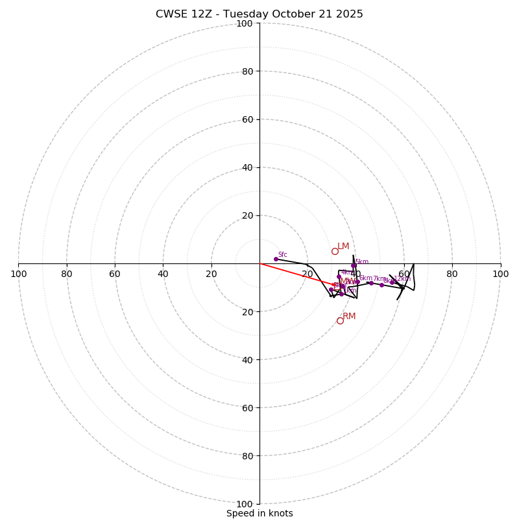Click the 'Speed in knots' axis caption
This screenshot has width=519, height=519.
[259, 513]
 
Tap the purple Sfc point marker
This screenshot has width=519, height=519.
[276, 259]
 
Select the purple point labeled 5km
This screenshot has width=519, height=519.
[354, 265]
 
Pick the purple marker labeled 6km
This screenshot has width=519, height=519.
[357, 282]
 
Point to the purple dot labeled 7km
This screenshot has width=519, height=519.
[371, 283]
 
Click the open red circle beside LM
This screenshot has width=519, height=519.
[335, 251]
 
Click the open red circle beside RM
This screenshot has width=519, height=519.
[340, 320]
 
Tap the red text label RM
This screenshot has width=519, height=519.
[349, 317]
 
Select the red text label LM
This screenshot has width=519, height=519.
[343, 247]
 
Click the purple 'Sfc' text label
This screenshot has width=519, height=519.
[282, 254]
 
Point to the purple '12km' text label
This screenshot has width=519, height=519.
[402, 279]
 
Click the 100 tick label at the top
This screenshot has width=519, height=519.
[245, 23]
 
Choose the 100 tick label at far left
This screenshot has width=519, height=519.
[19, 274]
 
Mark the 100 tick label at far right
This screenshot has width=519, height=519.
[500, 274]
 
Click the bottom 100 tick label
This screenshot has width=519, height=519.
[245, 504]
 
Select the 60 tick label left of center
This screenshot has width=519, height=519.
[115, 274]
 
